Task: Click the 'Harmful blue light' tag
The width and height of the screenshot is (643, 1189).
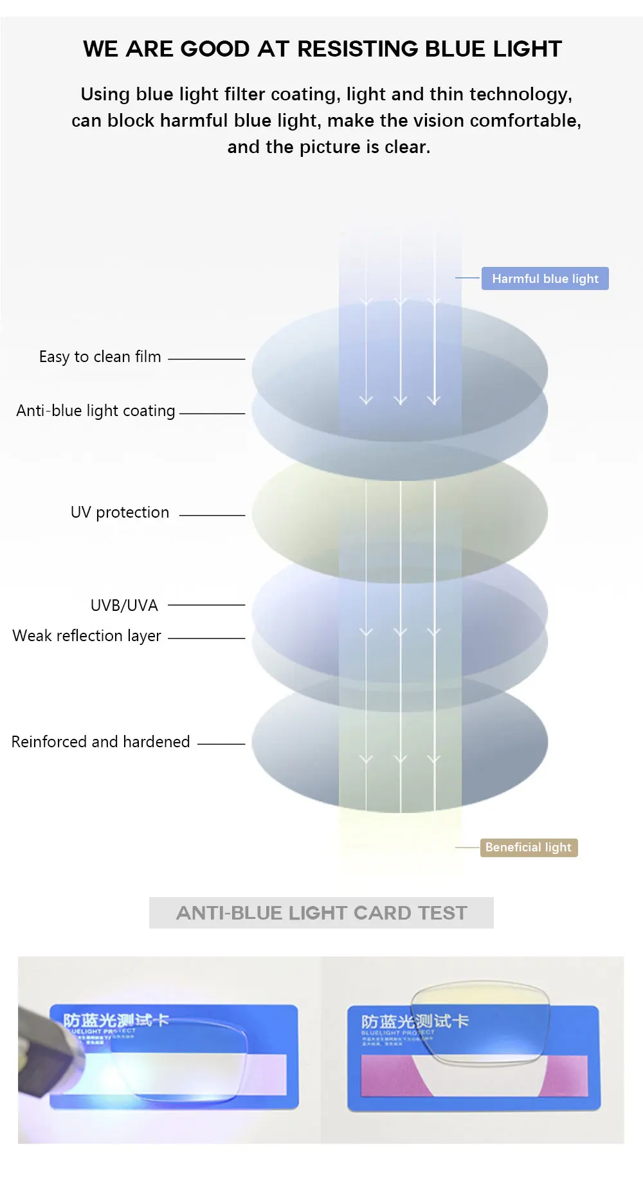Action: coord(545,278)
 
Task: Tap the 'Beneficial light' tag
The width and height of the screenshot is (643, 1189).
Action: coord(529,848)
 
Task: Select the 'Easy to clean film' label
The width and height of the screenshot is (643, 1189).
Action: coord(100,357)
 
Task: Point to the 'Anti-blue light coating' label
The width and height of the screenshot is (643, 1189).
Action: coord(96,411)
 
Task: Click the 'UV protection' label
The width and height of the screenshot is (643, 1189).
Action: coord(120,513)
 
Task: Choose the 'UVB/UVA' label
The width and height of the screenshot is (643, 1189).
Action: coord(124,606)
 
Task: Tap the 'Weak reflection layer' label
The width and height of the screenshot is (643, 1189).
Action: coord(87,636)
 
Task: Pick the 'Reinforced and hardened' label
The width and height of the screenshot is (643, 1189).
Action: coord(100,742)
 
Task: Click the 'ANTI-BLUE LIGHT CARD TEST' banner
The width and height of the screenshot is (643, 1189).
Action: coord(321,913)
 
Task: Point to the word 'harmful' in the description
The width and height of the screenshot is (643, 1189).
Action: coord(194,121)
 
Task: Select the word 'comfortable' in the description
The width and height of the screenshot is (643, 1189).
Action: coord(525,121)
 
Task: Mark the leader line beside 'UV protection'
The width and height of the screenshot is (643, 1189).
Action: coord(212,515)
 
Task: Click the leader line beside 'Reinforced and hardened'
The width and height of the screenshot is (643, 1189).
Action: coord(221,744)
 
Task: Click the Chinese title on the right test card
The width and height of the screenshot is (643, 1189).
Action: coord(415,1021)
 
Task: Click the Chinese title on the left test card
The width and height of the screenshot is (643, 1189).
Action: coord(116,1020)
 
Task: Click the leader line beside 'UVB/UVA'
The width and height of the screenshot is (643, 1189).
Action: coord(206,605)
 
